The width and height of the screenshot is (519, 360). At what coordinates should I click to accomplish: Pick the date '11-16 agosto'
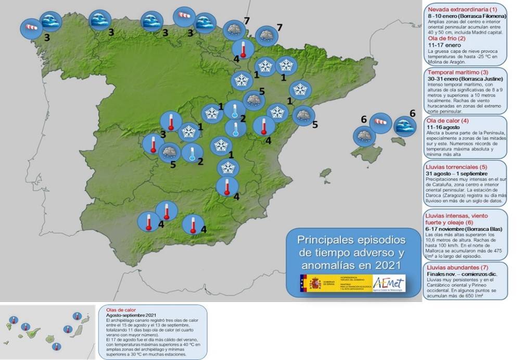444,127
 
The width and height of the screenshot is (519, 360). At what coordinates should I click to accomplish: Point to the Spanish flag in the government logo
303,283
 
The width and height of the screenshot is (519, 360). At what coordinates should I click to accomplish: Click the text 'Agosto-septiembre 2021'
131,316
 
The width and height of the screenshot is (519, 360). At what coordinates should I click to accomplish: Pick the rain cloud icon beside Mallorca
363,136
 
